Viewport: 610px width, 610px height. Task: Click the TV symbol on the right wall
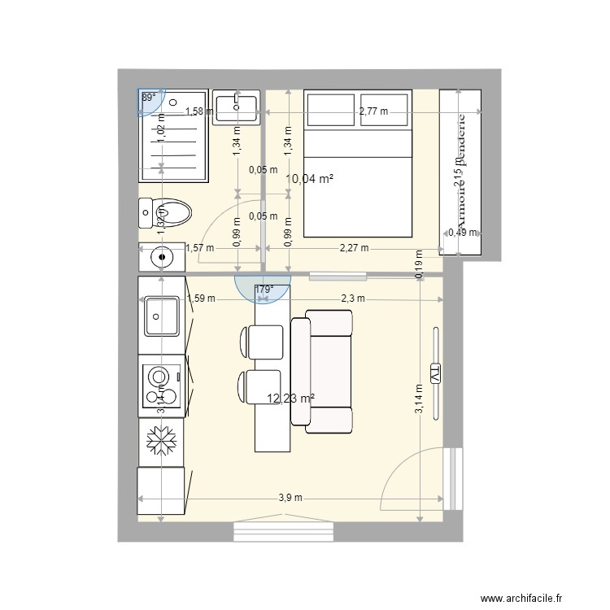pos(435,374)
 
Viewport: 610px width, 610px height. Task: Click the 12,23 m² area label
pos(290,398)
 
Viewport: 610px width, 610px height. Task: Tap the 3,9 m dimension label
pos(291,498)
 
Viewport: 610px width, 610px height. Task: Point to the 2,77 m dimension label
pos(373,111)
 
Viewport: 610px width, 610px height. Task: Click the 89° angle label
pos(149,97)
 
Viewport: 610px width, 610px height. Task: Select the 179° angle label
pos(264,288)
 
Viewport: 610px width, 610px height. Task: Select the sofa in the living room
pos(323,372)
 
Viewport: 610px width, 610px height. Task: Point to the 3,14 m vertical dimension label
pos(418,399)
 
